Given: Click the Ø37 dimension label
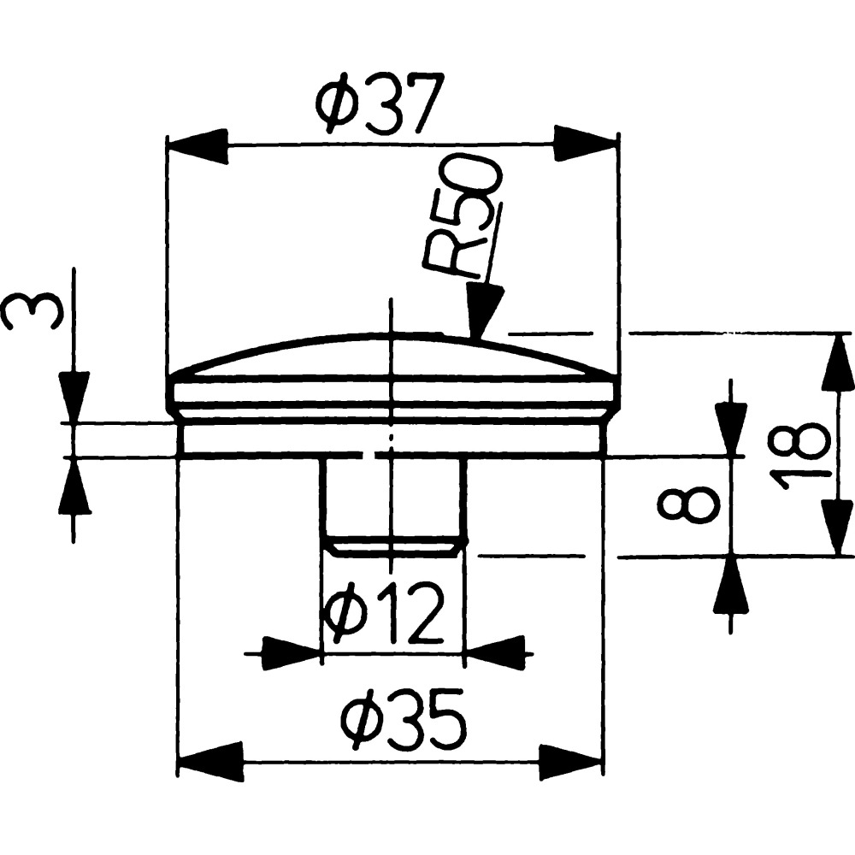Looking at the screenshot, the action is [377, 102].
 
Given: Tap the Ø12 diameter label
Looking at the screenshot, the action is [381, 612].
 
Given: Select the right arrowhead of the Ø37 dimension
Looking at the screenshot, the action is [587, 144].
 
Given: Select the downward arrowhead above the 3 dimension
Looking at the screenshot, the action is [74, 397].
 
